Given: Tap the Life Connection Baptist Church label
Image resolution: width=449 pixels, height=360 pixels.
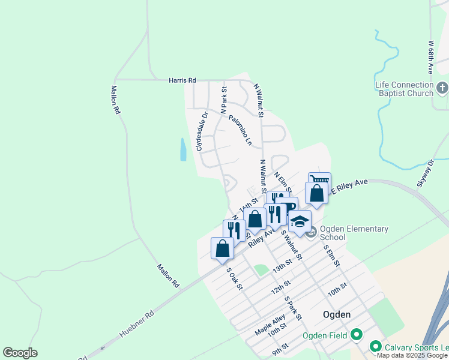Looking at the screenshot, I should pyautogui.click(x=404, y=89).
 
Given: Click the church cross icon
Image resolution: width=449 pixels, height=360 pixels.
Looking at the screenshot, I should pyautogui.click(x=442, y=89).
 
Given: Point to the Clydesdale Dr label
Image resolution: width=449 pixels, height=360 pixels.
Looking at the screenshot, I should pyautogui.click(x=200, y=131).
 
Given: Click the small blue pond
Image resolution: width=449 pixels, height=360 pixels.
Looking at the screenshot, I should pyautogui.click(x=182, y=149).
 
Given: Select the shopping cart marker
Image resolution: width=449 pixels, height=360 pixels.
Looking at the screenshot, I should pyautogui.click(x=319, y=181).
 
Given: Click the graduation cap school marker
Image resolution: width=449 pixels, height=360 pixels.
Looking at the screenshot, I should pyautogui.click(x=300, y=220).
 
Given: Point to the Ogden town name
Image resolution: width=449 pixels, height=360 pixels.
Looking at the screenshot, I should pyautogui.click(x=337, y=314).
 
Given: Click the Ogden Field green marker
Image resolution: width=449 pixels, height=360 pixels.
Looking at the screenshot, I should pyautogui.click(x=357, y=335).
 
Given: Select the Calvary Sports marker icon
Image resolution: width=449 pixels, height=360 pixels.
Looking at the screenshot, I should pyautogui.click(x=376, y=346).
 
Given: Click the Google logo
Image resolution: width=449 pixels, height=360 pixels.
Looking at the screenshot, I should pyautogui.click(x=20, y=353).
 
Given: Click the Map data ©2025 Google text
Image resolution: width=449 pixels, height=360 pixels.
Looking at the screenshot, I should pyautogui.click(x=411, y=355).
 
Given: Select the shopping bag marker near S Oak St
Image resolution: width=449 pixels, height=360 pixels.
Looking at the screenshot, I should pyautogui.click(x=222, y=247).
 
